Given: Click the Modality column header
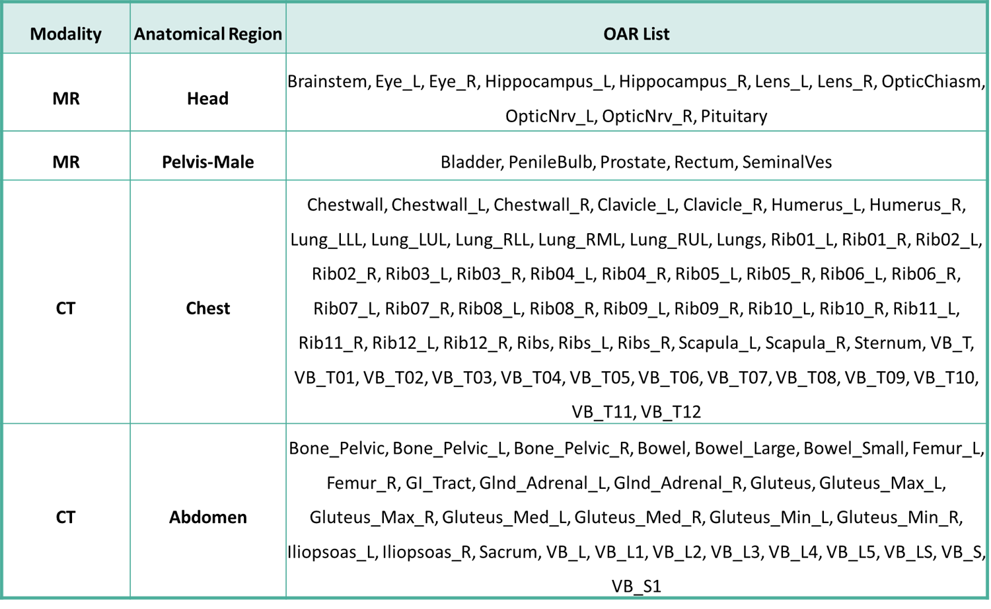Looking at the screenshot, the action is pos(66,34).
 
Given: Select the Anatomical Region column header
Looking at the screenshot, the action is pos(208,34).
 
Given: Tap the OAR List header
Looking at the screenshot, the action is pos(636,34).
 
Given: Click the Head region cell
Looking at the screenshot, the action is pos(207,98).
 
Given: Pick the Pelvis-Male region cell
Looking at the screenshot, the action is pos(207,162).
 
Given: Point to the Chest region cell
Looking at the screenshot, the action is pos(207,308).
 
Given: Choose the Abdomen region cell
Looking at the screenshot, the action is pos(207,517).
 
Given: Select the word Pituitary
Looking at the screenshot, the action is pos(734,116).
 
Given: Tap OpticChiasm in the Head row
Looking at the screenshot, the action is pos(933,81).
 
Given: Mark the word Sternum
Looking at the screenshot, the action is pos(889,343).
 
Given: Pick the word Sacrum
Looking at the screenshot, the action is pos(509,552).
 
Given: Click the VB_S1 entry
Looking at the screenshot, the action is pos(636,587).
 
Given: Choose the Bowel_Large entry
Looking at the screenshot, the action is pos(747,448).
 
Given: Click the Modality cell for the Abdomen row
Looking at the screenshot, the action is pos(66,517).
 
